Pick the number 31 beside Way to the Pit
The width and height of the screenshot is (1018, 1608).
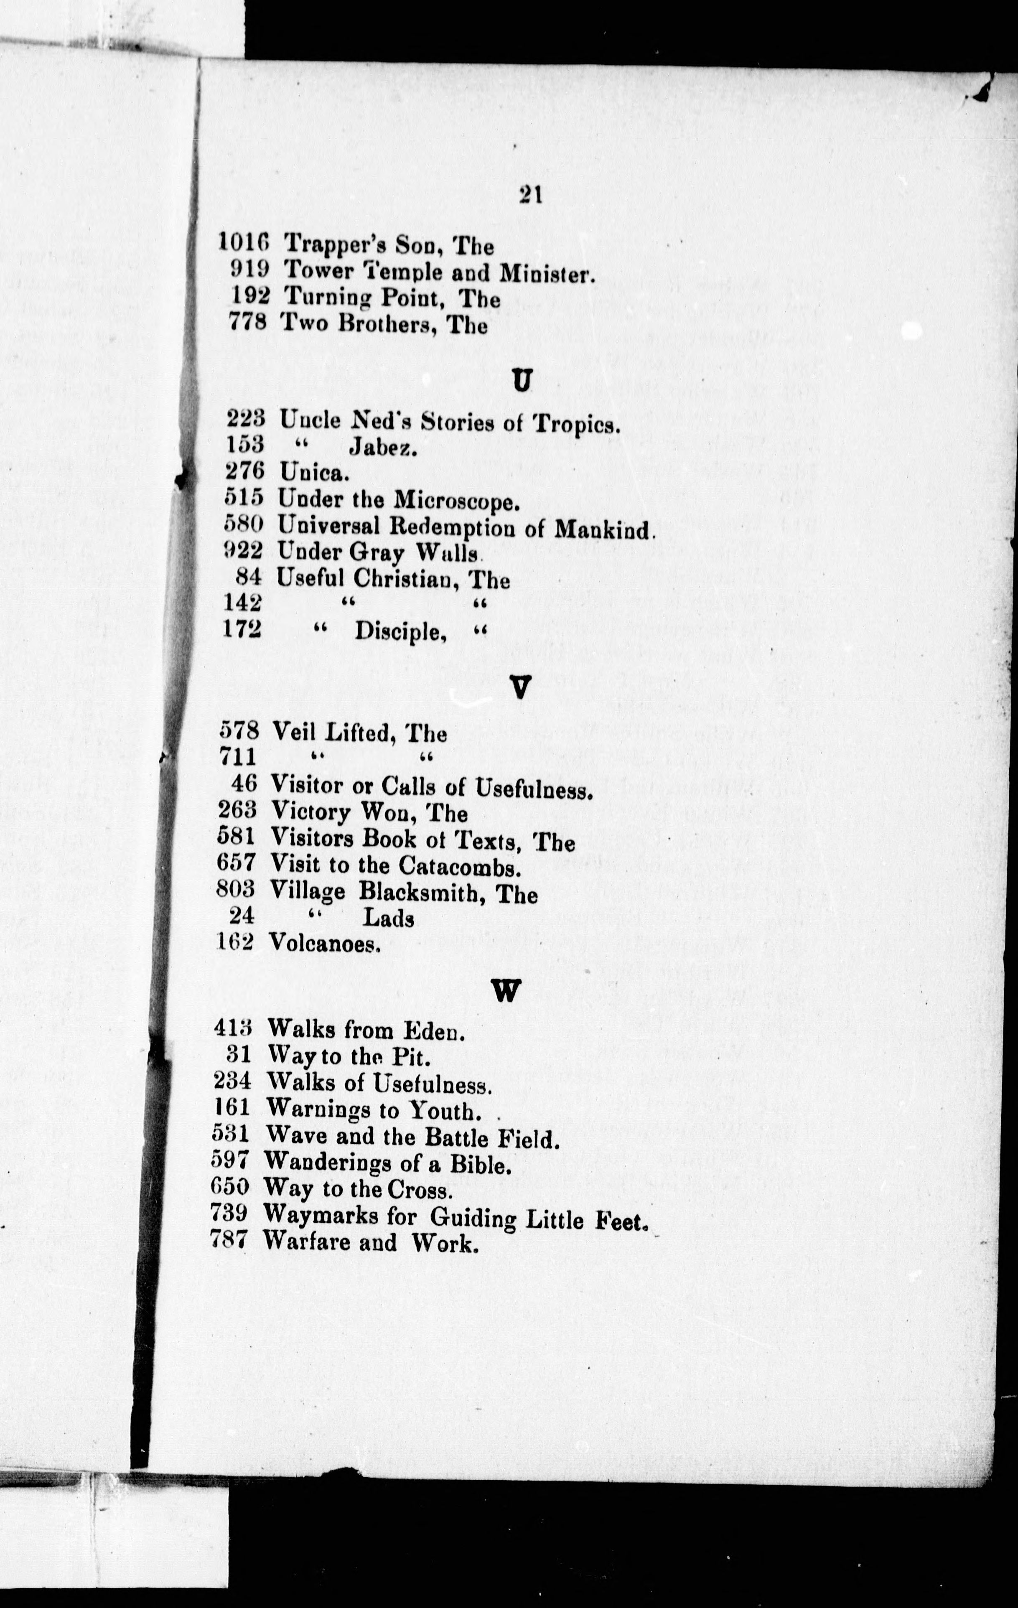click(239, 1055)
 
